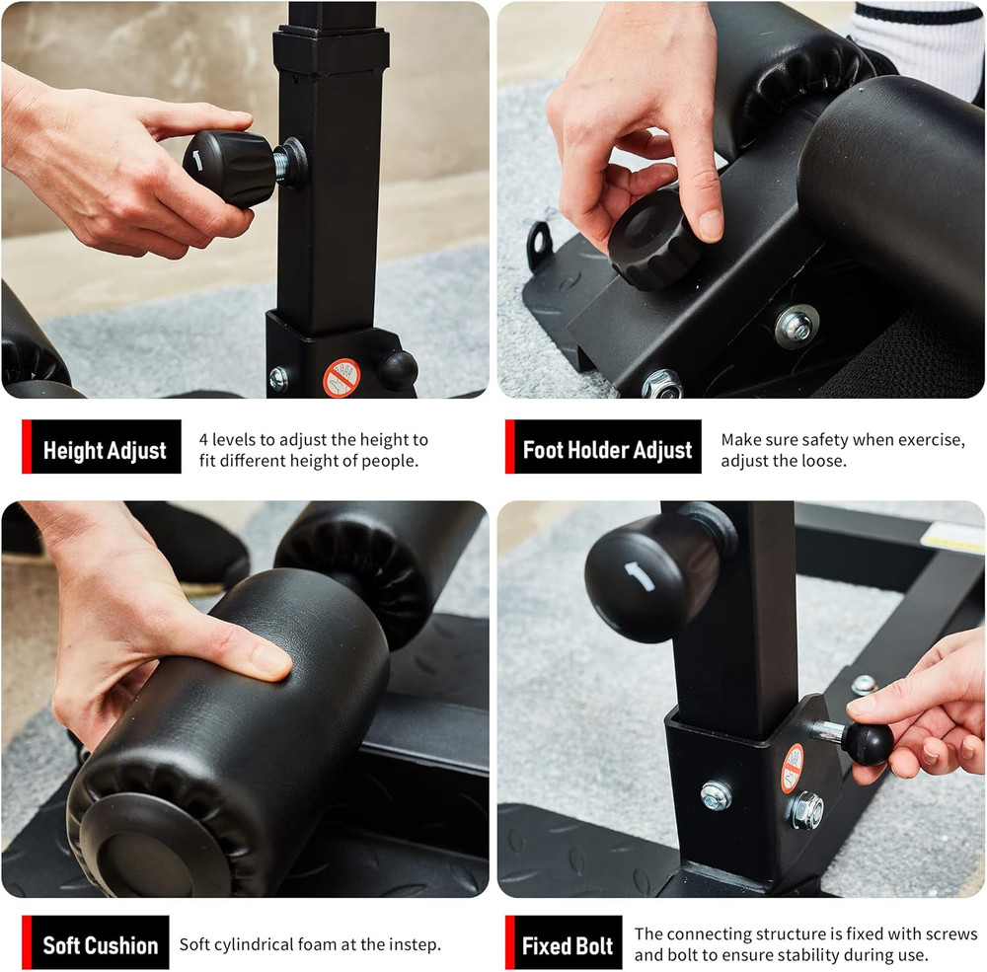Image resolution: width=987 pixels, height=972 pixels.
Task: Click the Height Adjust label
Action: pos(104,452)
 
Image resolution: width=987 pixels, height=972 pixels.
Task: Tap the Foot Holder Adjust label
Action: pos(607,451)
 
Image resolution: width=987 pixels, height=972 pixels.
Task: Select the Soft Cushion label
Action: pos(100,945)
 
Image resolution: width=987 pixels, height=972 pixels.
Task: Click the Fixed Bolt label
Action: pos(568,946)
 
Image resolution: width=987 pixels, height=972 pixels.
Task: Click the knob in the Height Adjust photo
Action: pos(231,168)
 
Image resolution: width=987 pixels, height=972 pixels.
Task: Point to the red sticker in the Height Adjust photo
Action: pos(342,377)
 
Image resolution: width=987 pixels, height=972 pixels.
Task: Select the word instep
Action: pos(411,945)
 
